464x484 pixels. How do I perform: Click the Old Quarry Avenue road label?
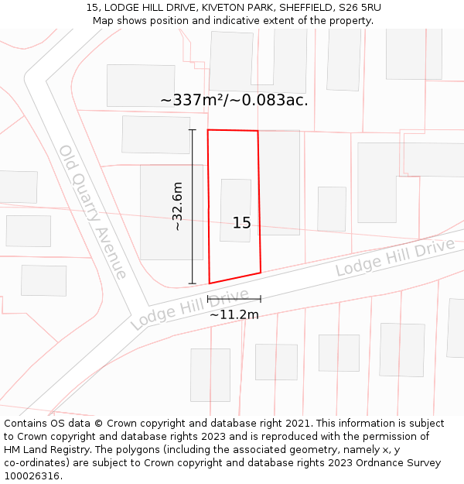[93, 211]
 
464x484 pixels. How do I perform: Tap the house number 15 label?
[242, 223]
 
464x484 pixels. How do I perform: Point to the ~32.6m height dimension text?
[177, 206]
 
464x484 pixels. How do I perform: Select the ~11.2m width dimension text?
[234, 314]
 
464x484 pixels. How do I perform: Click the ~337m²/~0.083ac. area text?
[234, 100]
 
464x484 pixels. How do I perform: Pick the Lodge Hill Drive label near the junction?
[189, 309]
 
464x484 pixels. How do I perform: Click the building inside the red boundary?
[235, 210]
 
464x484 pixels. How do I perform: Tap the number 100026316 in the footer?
[31, 476]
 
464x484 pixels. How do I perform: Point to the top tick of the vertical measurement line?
[193, 130]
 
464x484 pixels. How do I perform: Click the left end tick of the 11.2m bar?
[208, 298]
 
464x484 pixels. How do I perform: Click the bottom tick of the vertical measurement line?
[193, 283]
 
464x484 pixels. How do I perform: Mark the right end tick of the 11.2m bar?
[261, 298]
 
